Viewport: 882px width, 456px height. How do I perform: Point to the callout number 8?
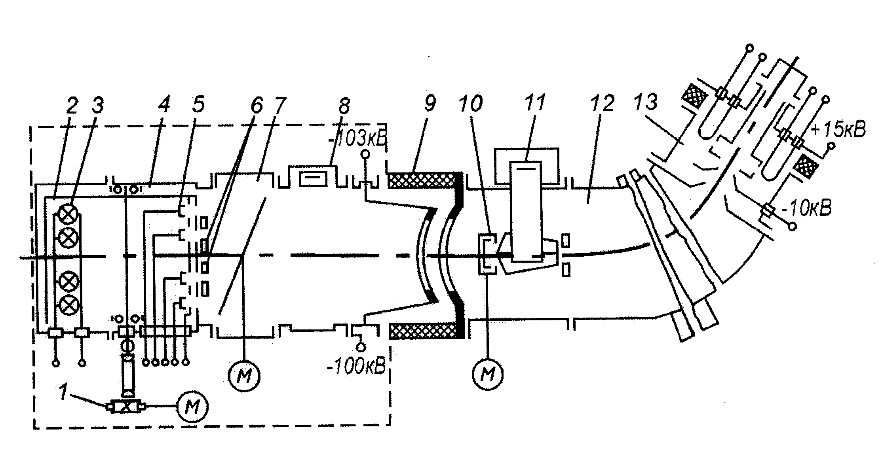(344, 104)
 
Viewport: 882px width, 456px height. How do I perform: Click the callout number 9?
(428, 104)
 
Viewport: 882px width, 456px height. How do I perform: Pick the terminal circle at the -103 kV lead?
(365, 153)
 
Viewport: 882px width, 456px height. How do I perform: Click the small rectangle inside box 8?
(314, 179)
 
